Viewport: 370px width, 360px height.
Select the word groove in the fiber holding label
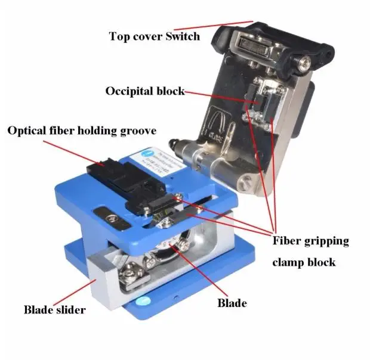point(137,130)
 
